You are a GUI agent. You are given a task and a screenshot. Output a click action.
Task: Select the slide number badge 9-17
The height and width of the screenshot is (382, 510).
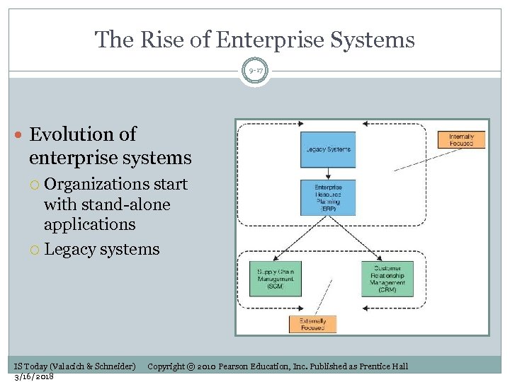tap(255, 71)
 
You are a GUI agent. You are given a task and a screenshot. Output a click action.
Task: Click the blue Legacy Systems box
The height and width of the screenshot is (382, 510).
tap(327, 149)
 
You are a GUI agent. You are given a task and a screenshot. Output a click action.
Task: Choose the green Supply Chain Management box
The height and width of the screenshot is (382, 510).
tap(275, 279)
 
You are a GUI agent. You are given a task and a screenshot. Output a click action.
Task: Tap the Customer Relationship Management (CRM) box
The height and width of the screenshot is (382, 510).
tap(387, 279)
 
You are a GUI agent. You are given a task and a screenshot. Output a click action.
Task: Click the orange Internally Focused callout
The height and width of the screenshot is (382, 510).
tap(461, 139)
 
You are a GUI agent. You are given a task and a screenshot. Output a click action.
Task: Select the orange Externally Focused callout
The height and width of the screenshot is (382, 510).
tap(312, 324)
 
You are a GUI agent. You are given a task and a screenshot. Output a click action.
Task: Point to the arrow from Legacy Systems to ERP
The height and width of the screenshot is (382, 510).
tap(327, 174)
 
